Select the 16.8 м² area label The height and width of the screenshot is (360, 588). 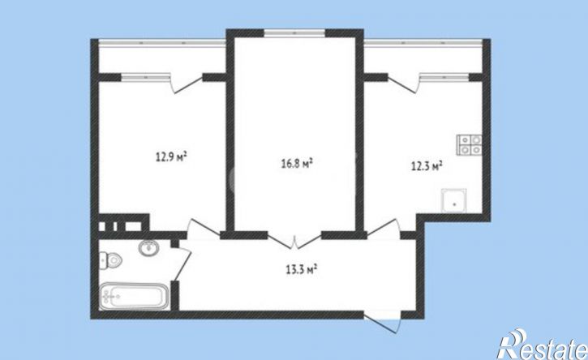[x=295, y=163]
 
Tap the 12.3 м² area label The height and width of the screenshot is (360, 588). [x=425, y=166]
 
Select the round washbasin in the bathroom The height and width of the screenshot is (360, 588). [x=149, y=248]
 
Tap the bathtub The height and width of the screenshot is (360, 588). [x=133, y=295]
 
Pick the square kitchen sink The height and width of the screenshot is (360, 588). [x=454, y=199]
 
